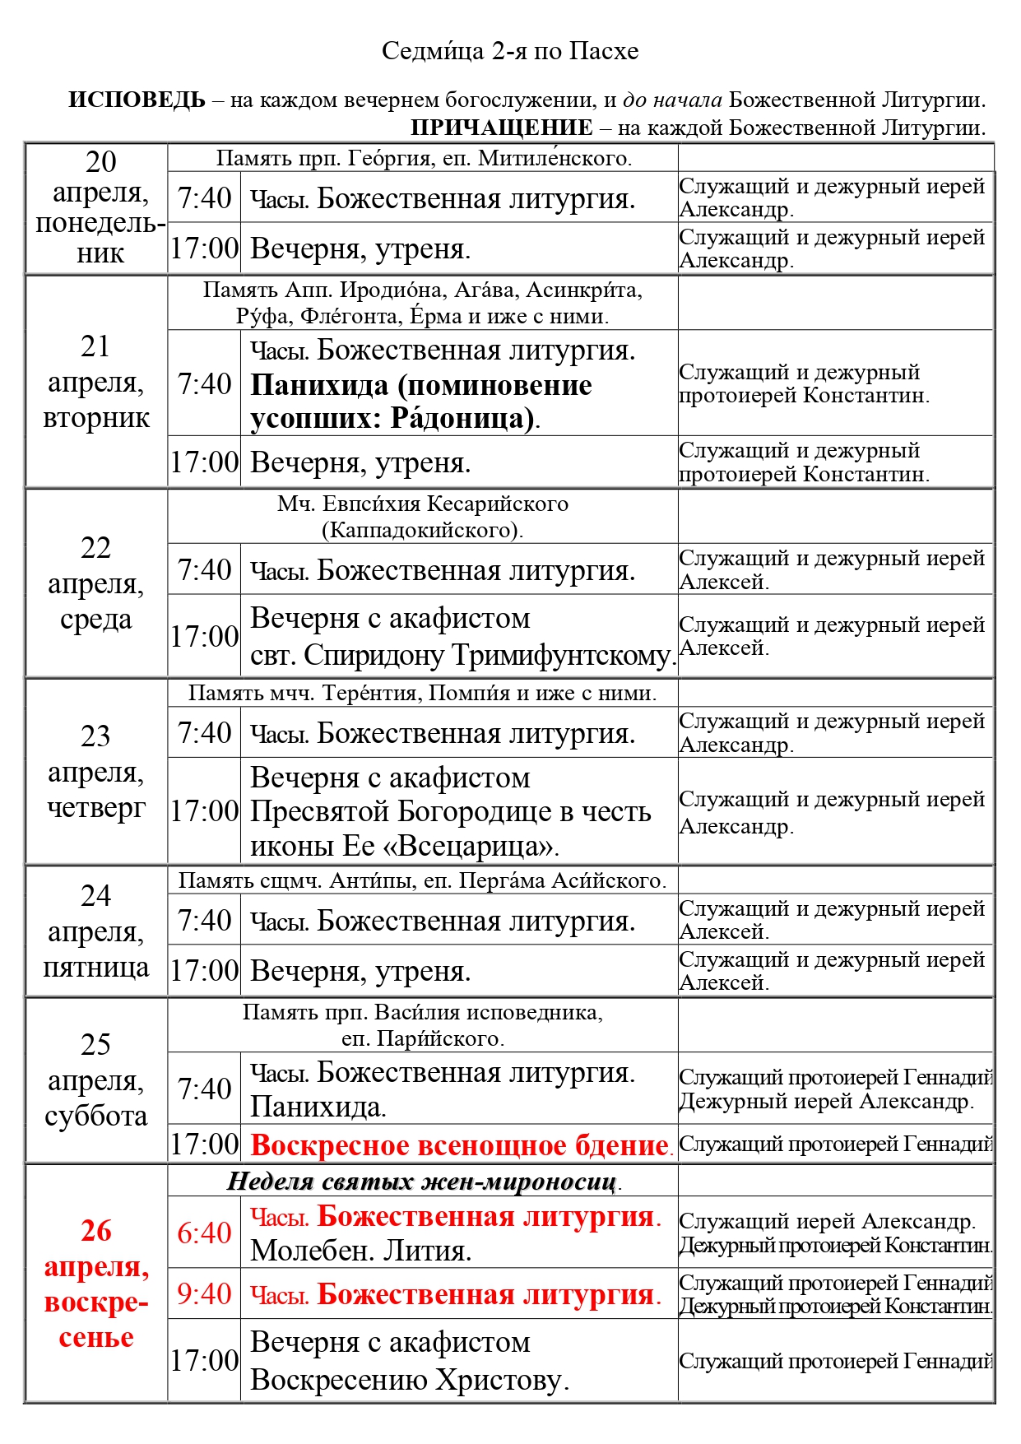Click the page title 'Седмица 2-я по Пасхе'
pos(510,51)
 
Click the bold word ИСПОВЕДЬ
pos(137,100)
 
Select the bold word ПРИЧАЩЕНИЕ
pos(501,128)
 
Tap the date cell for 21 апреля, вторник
pos(96,382)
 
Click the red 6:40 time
pos(204,1233)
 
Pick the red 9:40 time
pos(204,1293)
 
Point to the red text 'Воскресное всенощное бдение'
pos(460,1145)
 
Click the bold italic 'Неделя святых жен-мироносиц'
pos(422,1182)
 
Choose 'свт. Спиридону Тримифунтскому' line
pos(462,655)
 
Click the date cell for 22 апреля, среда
pos(96,583)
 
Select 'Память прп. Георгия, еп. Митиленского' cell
pos(423,158)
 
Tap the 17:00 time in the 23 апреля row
pos(204,811)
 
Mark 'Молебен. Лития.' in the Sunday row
pos(360,1251)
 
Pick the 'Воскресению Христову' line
pos(409,1380)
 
